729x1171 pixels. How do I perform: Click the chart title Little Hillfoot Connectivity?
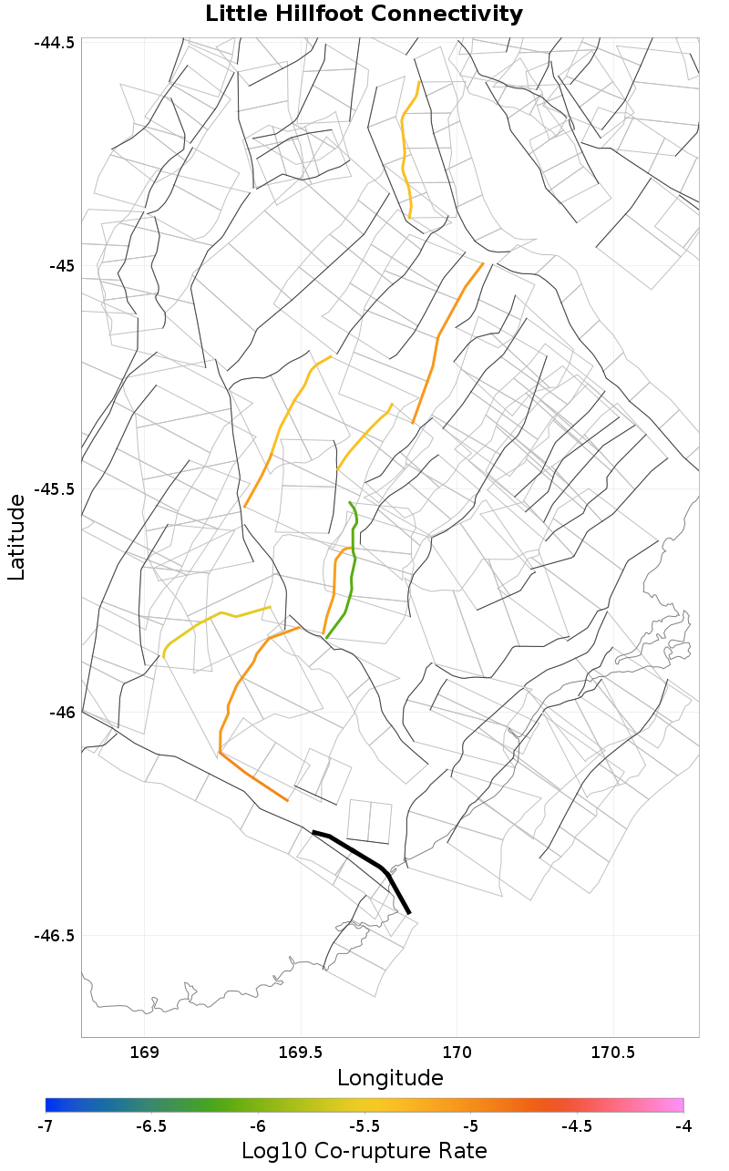364,15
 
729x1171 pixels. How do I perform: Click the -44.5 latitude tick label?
56,43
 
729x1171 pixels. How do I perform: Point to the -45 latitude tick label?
62,266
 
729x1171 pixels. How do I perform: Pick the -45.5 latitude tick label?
56,489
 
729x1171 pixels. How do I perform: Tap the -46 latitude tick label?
62,713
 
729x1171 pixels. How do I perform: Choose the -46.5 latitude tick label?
56,936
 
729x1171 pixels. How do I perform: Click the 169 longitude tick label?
145,1052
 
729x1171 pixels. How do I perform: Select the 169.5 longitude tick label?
300,1052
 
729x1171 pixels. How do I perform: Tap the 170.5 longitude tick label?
611,1052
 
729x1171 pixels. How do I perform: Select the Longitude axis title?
390,1078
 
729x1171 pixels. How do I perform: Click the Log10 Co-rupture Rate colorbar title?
364,1150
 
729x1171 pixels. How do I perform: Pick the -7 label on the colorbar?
46,1126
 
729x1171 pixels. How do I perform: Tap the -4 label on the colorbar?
683,1126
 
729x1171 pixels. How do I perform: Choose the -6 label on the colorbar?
258,1126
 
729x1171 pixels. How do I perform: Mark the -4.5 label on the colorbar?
577,1126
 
